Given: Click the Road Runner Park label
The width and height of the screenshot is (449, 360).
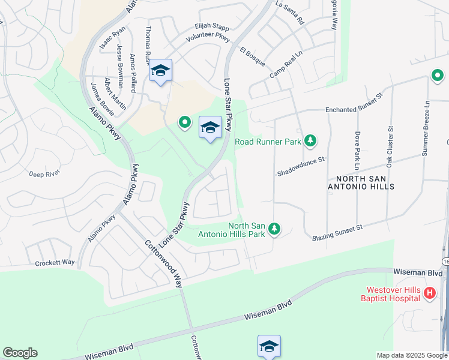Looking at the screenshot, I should click(x=268, y=142).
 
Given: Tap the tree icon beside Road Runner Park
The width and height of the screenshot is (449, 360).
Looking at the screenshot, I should click(x=310, y=141).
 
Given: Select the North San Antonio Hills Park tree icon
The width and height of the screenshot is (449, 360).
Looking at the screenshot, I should click(x=274, y=229).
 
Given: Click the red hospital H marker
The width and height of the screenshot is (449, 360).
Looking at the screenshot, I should click(x=430, y=293).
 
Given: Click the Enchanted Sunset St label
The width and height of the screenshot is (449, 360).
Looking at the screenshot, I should click(x=354, y=103).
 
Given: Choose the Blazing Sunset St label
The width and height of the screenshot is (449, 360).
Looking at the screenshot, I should click(x=337, y=233).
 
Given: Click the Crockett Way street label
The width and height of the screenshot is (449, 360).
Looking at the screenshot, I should click(x=55, y=263).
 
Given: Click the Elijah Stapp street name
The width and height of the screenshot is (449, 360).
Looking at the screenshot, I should click(x=211, y=26).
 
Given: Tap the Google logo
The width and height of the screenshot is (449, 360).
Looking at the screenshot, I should click(x=20, y=353).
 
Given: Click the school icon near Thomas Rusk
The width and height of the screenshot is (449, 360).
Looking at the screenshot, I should click(x=161, y=71).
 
